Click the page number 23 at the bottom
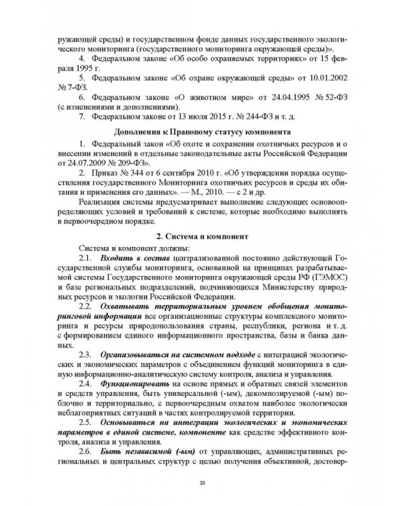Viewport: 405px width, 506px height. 202,482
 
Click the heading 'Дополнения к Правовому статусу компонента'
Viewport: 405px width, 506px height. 202,132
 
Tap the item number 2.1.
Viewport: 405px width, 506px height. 86,259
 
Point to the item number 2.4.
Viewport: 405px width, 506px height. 86,383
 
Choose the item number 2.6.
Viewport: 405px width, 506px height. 86,449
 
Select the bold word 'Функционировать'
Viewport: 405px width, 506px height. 131,383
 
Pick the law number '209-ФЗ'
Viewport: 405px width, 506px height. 134,163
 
